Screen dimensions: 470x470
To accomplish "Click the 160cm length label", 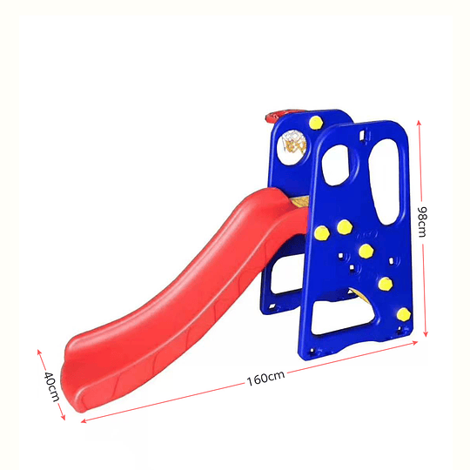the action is pyautogui.click(x=265, y=378).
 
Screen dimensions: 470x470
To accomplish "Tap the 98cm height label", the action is pyautogui.click(x=422, y=222).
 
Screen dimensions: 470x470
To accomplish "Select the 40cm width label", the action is pyautogui.click(x=51, y=386).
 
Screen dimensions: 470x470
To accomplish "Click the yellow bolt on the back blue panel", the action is pyautogui.click(x=316, y=123).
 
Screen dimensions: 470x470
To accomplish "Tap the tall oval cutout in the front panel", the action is pyautogui.click(x=385, y=182).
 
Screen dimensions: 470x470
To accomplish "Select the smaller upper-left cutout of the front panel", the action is pyautogui.click(x=337, y=165).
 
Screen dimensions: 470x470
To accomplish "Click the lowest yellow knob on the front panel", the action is pyautogui.click(x=404, y=314).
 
